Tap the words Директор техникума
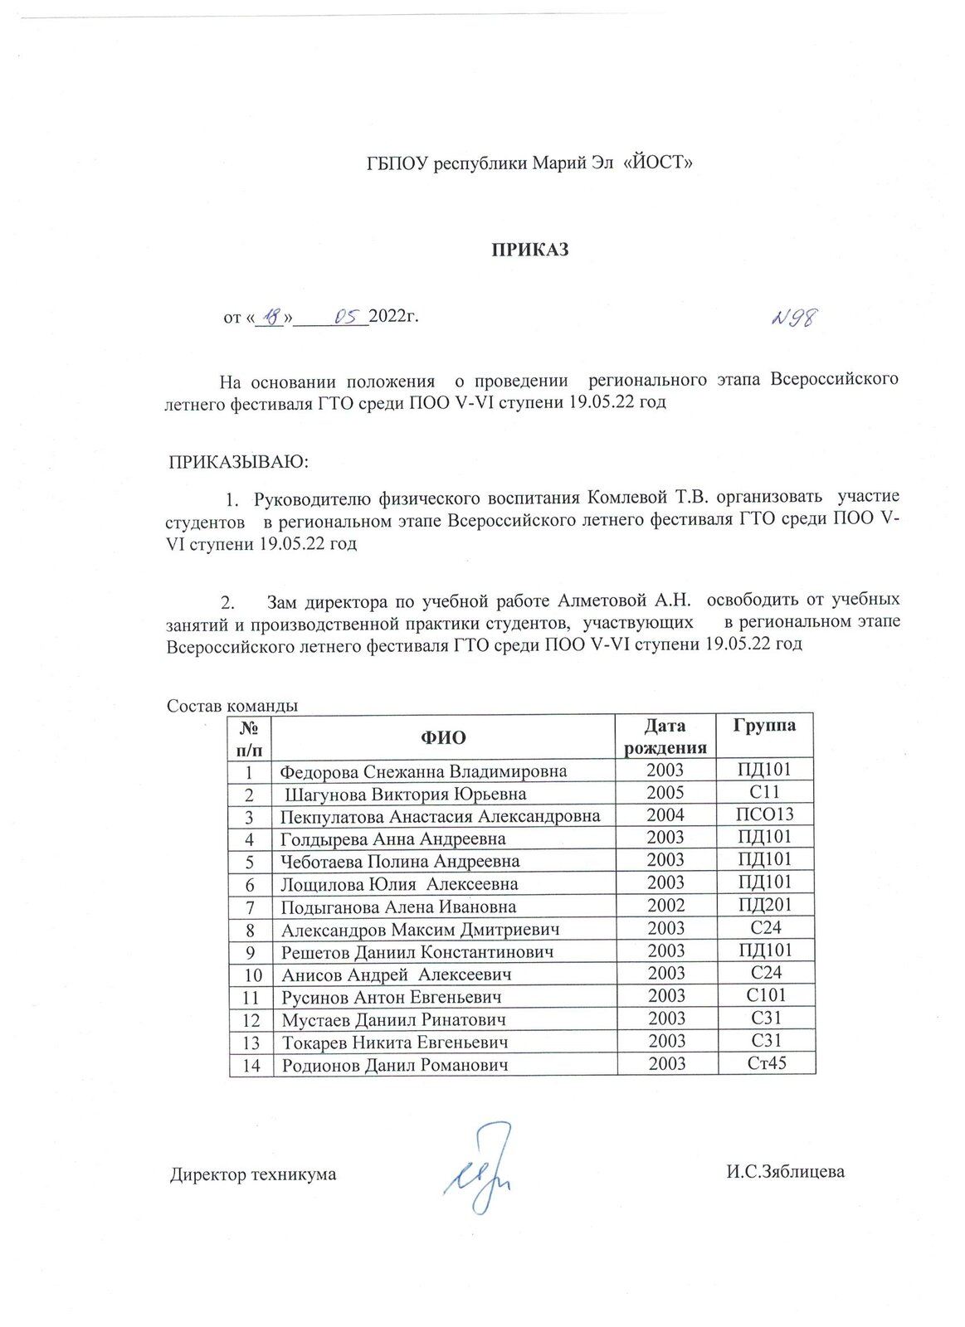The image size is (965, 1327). pyautogui.click(x=253, y=1174)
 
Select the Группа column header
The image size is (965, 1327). pyautogui.click(x=764, y=726)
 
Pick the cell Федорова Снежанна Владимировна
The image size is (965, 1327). pyautogui.click(x=423, y=771)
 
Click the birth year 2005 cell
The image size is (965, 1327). pyautogui.click(x=665, y=794)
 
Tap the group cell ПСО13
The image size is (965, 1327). pyautogui.click(x=764, y=815)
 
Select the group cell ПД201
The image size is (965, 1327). pyautogui.click(x=764, y=906)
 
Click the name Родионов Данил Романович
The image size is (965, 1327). pyautogui.click(x=394, y=1065)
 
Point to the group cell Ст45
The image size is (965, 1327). pyautogui.click(x=765, y=1063)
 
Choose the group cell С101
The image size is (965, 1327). pyautogui.click(x=765, y=995)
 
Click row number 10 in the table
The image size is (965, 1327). pyautogui.click(x=251, y=975)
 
